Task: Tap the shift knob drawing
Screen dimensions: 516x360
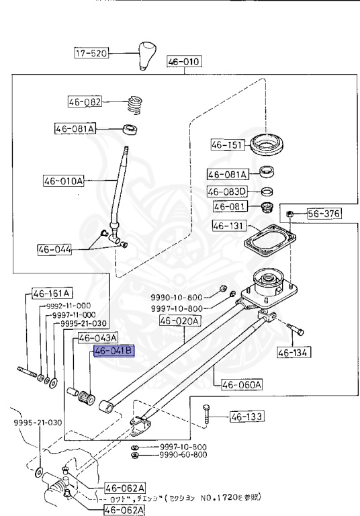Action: (x=147, y=56)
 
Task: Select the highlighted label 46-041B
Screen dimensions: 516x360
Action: (x=114, y=351)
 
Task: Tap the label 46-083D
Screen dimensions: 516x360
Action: (x=228, y=191)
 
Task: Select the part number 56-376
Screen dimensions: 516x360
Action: (x=324, y=214)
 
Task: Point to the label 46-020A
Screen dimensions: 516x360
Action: (x=179, y=321)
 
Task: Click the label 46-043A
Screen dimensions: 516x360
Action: (x=98, y=337)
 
